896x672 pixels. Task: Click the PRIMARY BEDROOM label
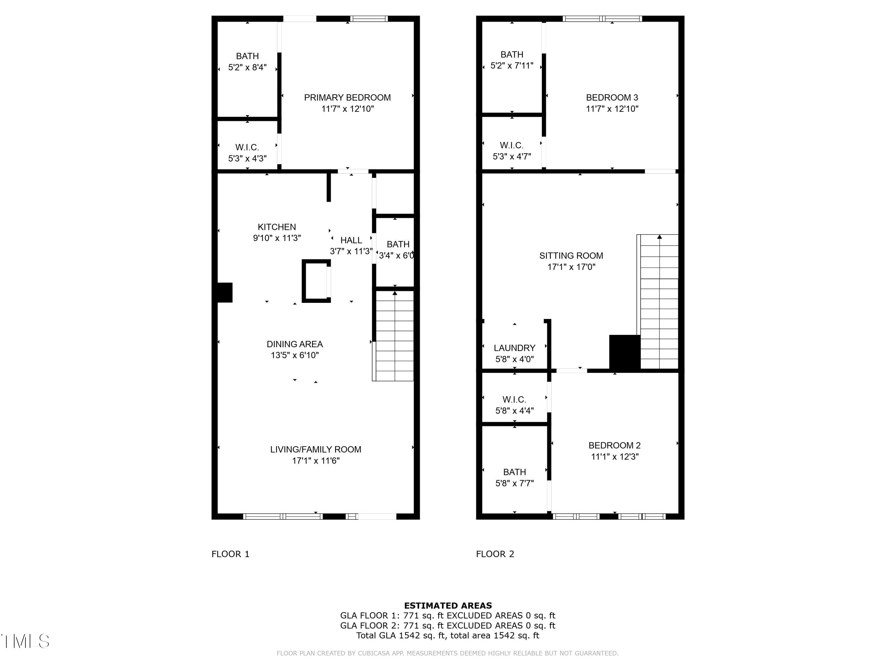tap(347, 98)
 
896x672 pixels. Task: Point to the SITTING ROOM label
tap(571, 256)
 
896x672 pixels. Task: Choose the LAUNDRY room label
tap(514, 348)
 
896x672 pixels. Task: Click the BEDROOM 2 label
tap(614, 446)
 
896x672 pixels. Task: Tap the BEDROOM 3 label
tap(612, 98)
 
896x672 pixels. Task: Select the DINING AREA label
tap(294, 344)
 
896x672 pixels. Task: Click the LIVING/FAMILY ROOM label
tap(316, 449)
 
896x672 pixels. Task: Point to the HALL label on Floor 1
tap(351, 240)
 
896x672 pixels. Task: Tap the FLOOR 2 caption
tap(495, 554)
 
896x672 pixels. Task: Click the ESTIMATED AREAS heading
tap(448, 606)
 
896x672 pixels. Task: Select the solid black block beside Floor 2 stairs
tap(624, 352)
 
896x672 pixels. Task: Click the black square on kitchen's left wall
tap(225, 292)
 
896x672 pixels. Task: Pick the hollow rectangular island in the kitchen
tap(316, 281)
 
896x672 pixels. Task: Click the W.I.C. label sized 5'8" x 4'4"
tap(514, 400)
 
